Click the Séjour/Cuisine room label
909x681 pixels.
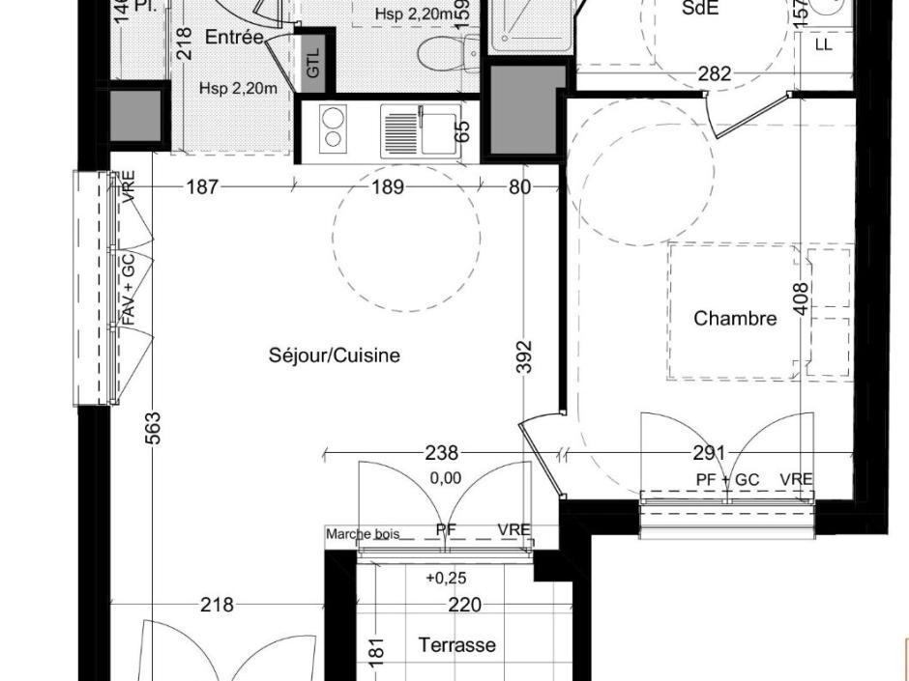tap(334, 355)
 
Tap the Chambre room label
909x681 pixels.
tap(735, 318)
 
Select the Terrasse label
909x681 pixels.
tap(456, 644)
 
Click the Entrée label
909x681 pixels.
tap(234, 38)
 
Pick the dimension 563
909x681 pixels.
tap(153, 428)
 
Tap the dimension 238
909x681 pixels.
tap(441, 452)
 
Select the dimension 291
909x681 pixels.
tap(709, 452)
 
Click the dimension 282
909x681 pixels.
tap(715, 73)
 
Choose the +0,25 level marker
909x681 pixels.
tap(444, 578)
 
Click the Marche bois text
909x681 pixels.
tap(362, 534)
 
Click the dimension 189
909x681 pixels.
tap(388, 187)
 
